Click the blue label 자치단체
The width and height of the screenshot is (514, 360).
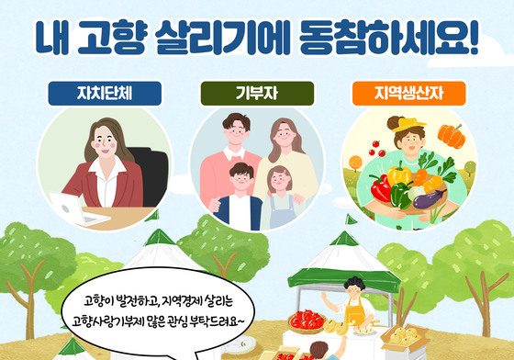click(105, 93)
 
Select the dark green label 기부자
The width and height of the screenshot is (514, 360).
click(256, 93)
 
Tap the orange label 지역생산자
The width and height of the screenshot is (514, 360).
click(408, 93)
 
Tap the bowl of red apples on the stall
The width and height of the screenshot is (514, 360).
click(307, 321)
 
